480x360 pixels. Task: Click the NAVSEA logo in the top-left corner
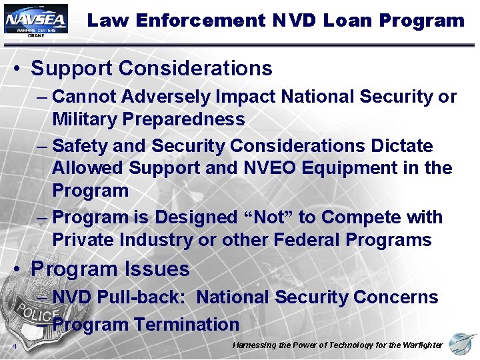35,21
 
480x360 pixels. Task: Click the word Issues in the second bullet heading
160,269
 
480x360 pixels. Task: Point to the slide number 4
13,346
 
